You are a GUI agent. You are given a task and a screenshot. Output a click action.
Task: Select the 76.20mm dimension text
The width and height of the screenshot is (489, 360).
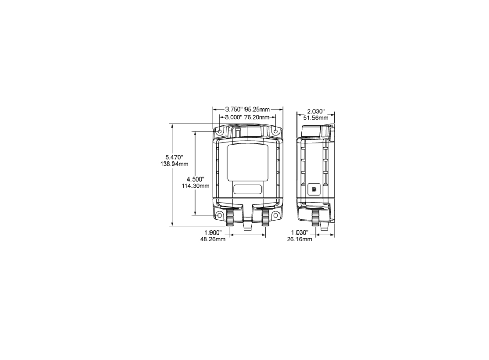[x=256, y=117]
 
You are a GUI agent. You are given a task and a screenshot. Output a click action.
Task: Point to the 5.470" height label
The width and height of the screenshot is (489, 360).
[x=174, y=156]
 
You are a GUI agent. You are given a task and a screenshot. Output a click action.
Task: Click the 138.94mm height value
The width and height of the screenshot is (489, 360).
[x=174, y=164]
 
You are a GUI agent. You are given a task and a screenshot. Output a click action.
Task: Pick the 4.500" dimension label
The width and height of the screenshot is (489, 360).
[x=196, y=178]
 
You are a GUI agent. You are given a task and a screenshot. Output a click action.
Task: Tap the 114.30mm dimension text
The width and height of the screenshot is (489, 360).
[x=196, y=186]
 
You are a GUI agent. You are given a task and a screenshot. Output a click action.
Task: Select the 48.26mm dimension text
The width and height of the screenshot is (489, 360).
[x=213, y=240]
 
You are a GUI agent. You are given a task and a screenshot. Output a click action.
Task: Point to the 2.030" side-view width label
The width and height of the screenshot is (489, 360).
[x=316, y=111]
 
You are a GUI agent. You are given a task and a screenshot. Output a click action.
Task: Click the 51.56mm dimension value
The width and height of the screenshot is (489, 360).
[x=316, y=118]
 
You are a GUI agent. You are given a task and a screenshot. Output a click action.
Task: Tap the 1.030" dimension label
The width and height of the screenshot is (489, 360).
[x=301, y=232]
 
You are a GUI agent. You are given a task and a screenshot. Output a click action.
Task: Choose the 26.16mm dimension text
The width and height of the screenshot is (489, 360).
[x=301, y=240]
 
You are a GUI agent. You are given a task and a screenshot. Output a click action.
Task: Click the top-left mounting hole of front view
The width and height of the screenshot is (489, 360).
[x=220, y=132]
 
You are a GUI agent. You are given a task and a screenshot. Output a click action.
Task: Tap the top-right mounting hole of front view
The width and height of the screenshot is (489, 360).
[x=276, y=132]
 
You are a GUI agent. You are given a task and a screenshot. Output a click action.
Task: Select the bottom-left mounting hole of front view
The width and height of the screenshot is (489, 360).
[x=220, y=214]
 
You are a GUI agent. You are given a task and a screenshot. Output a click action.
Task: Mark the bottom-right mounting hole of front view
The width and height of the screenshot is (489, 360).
[x=276, y=214]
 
